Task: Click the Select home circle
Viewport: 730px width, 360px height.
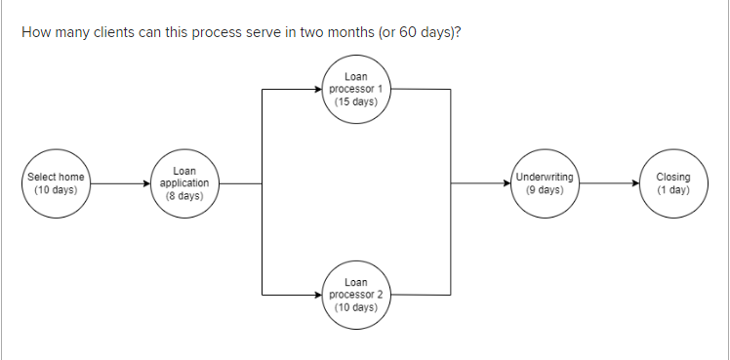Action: [56, 182]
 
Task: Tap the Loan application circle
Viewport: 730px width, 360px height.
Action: [184, 182]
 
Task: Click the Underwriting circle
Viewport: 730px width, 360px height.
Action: [545, 182]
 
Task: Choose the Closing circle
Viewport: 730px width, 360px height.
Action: [672, 182]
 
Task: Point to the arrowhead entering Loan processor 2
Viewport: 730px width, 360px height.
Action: [316, 293]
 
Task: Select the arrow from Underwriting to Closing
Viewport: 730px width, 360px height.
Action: [608, 182]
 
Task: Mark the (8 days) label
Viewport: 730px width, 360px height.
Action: [184, 195]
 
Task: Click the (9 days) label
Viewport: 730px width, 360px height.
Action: [545, 189]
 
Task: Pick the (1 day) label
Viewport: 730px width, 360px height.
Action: [672, 189]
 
